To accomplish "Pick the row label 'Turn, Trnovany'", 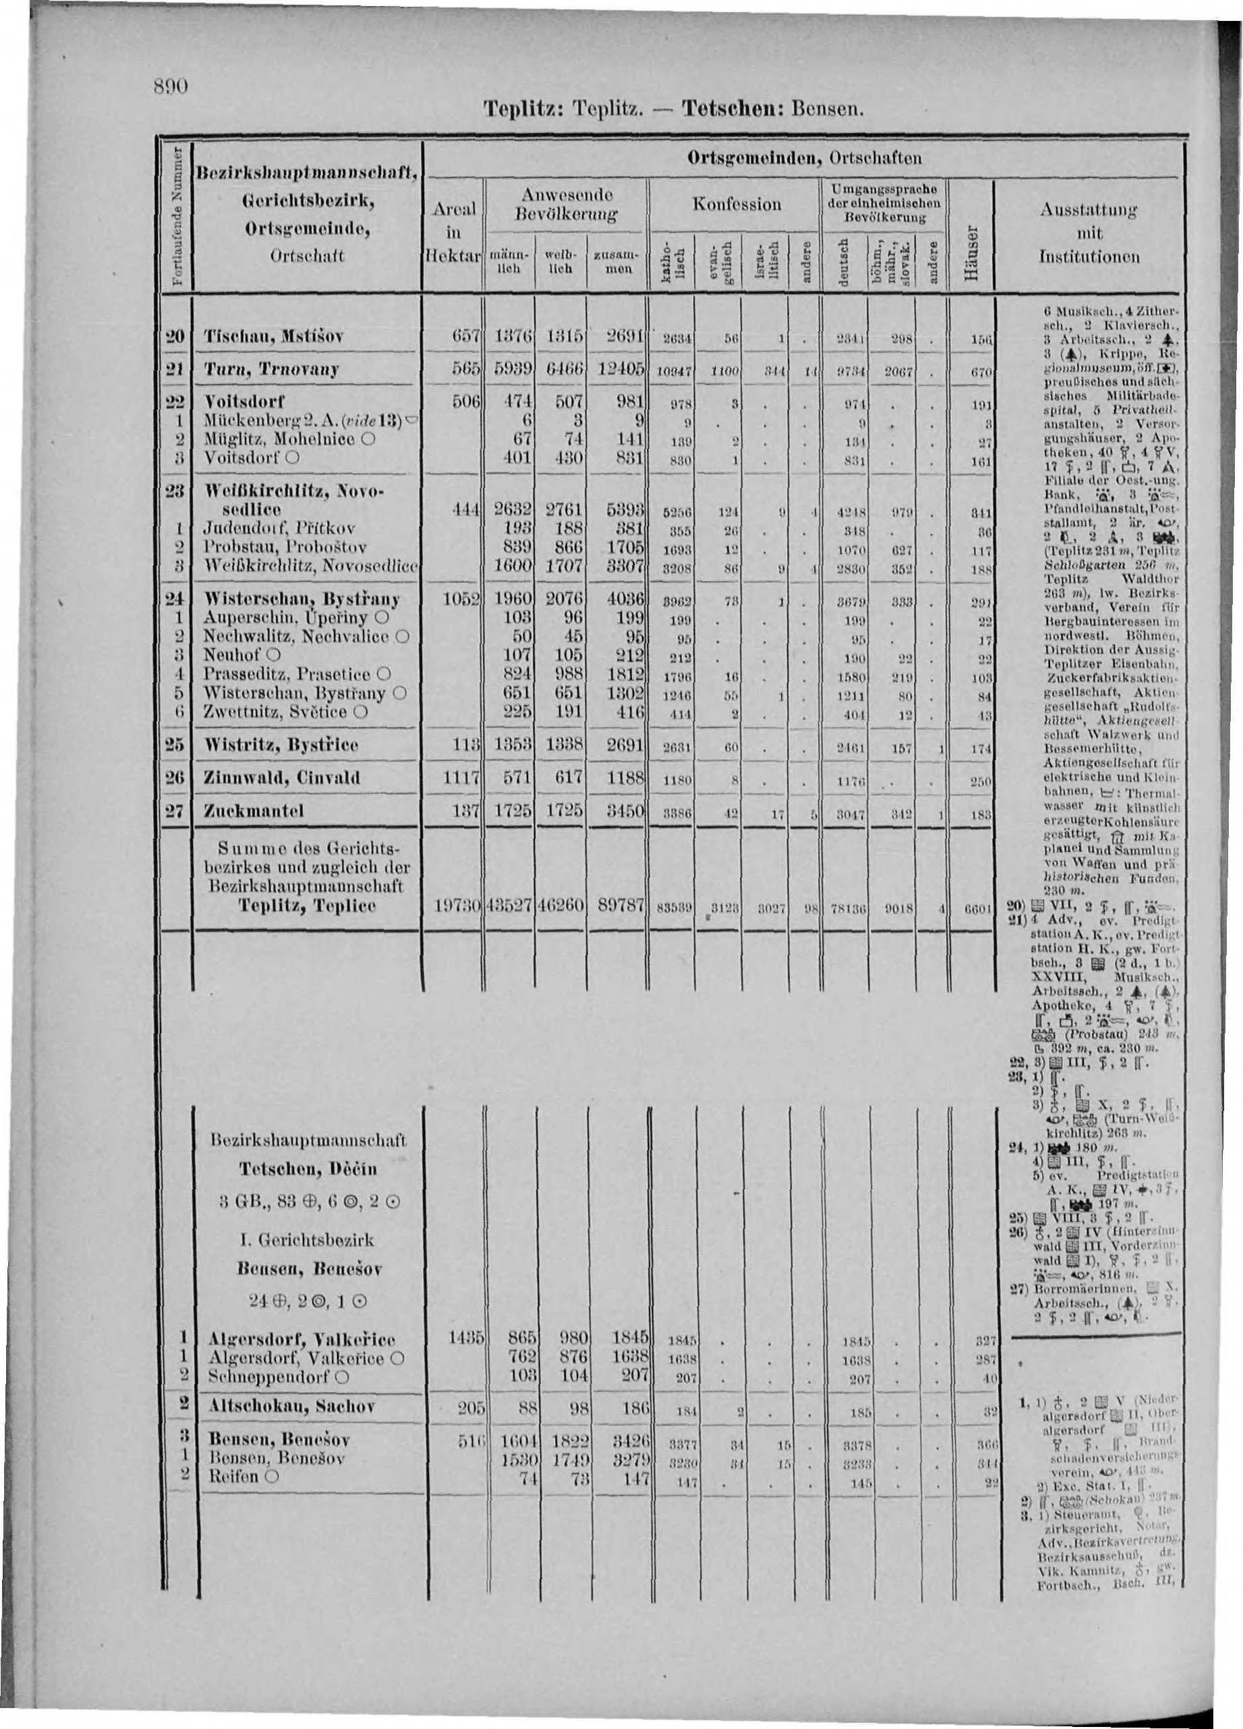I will point(260,370).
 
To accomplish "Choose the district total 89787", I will point(620,908).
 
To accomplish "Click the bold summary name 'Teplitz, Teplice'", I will point(305,907).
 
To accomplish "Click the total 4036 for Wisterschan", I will point(623,600).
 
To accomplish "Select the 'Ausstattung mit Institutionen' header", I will point(1090,233).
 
